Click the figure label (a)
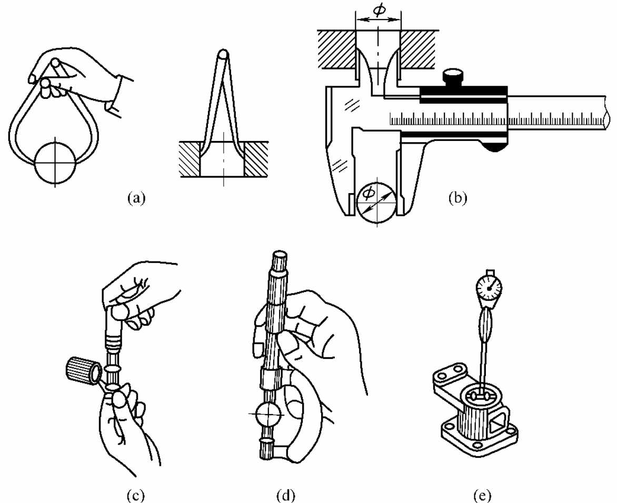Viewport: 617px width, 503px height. pyautogui.click(x=136, y=198)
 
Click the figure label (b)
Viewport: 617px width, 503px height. pyautogui.click(x=457, y=197)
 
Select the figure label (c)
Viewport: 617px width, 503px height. pyautogui.click(x=136, y=495)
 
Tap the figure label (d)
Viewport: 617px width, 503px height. pyautogui.click(x=286, y=495)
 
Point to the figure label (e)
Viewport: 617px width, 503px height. pyautogui.click(x=482, y=495)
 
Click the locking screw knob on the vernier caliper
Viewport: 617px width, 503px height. pyautogui.click(x=453, y=78)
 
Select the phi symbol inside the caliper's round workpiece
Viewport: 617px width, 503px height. pyautogui.click(x=368, y=193)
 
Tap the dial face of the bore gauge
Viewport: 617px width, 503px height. pyautogui.click(x=489, y=289)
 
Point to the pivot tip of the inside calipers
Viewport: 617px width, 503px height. pyautogui.click(x=223, y=54)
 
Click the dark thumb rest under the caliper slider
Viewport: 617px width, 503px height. pyautogui.click(x=496, y=147)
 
